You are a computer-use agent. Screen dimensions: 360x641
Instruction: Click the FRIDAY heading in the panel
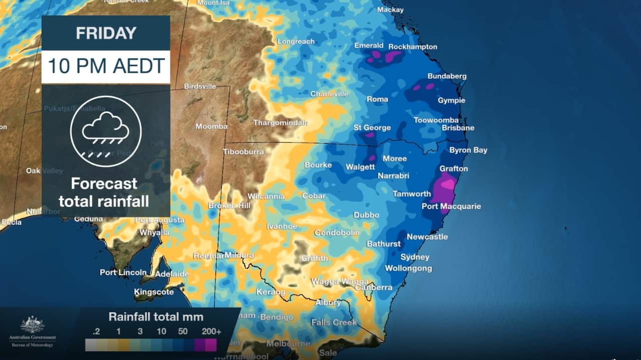(106, 33)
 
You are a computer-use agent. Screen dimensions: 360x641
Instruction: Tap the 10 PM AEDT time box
(106, 66)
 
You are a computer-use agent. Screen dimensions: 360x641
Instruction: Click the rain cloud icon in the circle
(106, 131)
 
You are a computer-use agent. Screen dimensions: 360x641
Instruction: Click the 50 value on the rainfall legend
(183, 331)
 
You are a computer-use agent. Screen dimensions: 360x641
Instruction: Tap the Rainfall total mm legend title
(156, 316)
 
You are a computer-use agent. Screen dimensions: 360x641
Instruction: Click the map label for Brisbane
(458, 128)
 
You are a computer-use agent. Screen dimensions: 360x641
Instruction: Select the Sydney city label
(415, 257)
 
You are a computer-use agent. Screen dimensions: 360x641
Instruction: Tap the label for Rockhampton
(413, 47)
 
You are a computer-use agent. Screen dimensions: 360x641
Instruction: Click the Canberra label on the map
(374, 287)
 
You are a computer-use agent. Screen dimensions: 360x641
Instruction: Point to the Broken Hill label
(229, 206)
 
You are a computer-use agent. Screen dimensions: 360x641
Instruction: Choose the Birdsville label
(200, 86)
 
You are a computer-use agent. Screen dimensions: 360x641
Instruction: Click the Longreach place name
(295, 41)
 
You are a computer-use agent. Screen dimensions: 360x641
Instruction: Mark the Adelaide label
(172, 274)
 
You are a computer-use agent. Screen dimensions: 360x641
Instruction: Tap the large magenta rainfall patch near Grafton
(443, 190)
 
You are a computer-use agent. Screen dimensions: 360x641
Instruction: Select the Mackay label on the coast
(390, 10)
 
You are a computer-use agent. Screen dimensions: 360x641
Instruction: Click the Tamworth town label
(412, 194)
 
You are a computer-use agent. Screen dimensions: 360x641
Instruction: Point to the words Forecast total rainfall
(104, 192)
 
